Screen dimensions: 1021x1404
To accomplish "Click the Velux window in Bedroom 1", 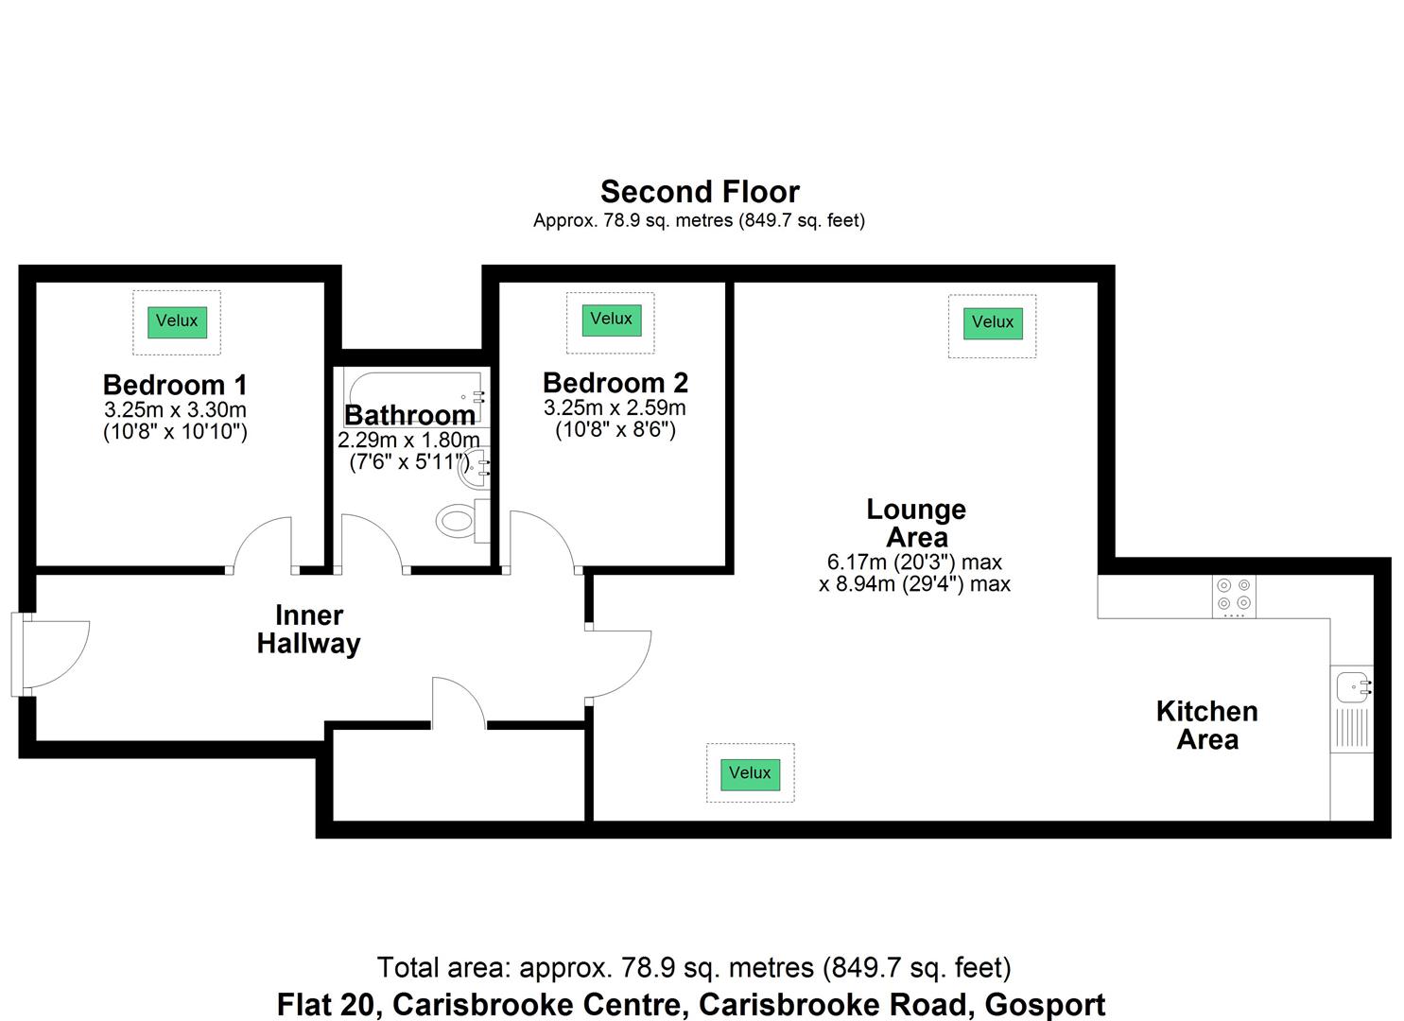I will click(x=177, y=321).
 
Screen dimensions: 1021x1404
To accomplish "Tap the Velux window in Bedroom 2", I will click(x=611, y=320).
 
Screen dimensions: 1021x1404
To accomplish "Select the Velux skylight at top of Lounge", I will click(x=992, y=323).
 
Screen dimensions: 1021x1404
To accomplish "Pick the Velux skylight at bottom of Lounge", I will click(x=750, y=773).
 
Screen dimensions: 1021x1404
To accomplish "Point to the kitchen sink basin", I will click(x=1352, y=685).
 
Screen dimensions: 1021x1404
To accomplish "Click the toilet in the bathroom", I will click(x=458, y=521).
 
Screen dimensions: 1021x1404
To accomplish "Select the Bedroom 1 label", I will click(x=175, y=385).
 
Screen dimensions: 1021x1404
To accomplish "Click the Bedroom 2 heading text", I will click(x=615, y=383).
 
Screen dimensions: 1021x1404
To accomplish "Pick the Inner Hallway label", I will click(x=309, y=630).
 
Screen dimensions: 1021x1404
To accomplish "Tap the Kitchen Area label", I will click(x=1206, y=725).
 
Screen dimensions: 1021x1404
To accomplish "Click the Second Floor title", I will click(x=700, y=192).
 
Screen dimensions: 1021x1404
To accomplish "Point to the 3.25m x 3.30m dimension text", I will click(x=175, y=410).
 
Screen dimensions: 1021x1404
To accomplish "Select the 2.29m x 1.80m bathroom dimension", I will click(x=408, y=441).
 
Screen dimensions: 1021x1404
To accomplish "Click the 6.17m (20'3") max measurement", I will click(x=914, y=562).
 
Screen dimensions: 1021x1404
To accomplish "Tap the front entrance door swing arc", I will click(x=57, y=654).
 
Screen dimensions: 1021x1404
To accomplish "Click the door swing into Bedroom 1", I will click(x=263, y=545).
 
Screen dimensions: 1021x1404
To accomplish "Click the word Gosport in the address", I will click(x=1045, y=1004).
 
